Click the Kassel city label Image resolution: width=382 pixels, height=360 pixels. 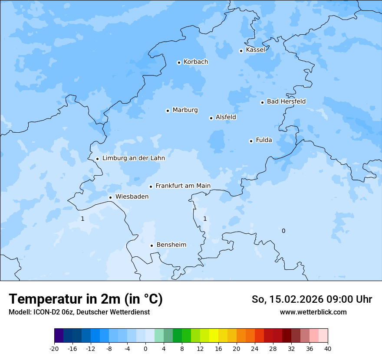click(255, 50)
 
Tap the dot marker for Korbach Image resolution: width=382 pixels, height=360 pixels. click(179, 62)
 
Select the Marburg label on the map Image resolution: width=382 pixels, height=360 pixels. click(185, 110)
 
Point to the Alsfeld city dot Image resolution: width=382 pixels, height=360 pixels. click(211, 118)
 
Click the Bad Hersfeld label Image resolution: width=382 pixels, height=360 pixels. click(286, 101)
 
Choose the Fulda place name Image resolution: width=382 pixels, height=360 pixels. click(264, 140)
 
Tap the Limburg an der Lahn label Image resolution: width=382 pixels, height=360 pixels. click(133, 158)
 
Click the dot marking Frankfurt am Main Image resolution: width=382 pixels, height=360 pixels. click(151, 187)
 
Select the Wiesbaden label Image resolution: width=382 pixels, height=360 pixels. click(132, 196)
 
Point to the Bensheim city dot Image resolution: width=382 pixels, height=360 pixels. click(151, 245)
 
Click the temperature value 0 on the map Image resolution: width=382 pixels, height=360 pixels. click(283, 231)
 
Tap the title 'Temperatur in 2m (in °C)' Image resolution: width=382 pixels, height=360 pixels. click(86, 299)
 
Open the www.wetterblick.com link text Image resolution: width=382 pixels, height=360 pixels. click(313, 312)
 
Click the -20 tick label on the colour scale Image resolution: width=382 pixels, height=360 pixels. click(54, 348)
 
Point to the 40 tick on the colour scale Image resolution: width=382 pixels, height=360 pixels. click(328, 348)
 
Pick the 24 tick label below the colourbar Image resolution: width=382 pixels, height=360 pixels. click(255, 348)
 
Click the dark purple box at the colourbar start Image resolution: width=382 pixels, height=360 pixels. click(59, 336)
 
